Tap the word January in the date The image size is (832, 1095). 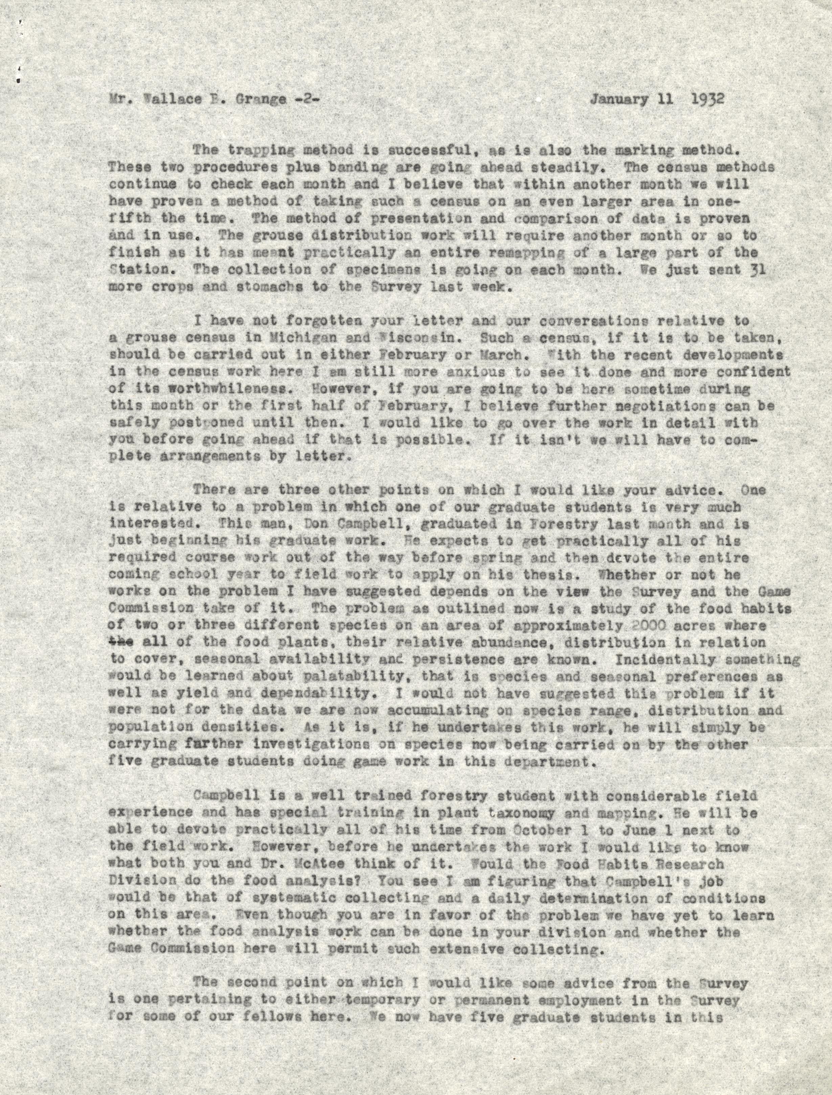(619, 99)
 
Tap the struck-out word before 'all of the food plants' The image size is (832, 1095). (121, 642)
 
